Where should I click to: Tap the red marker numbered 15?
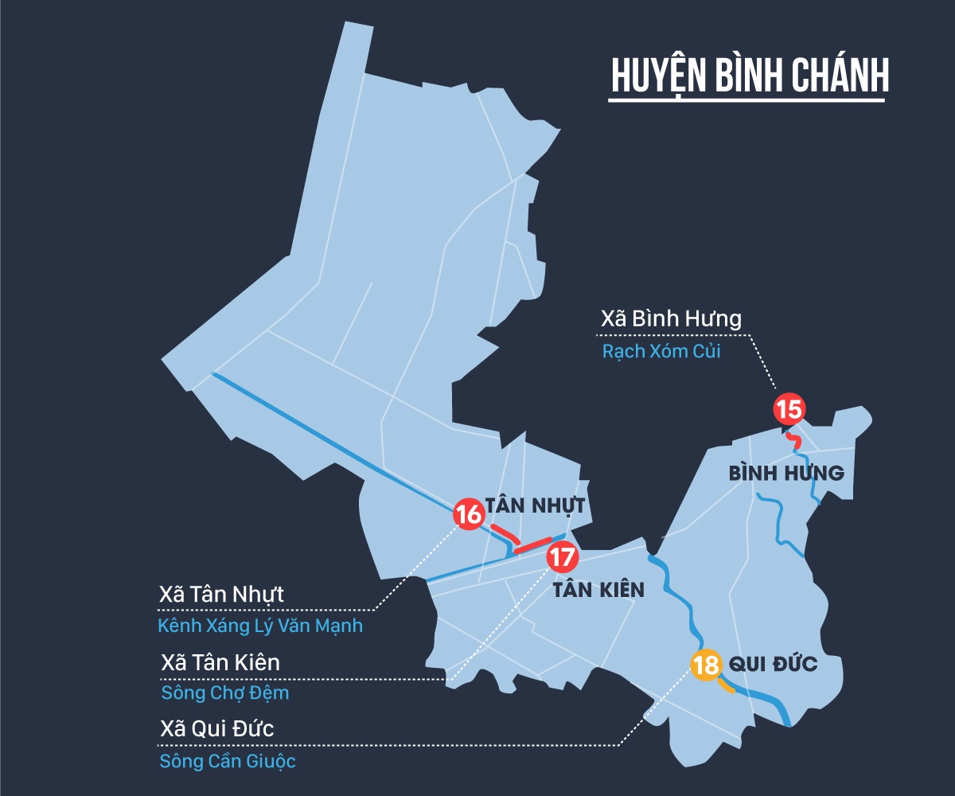click(x=789, y=410)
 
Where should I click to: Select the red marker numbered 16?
click(x=470, y=514)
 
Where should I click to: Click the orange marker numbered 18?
click(x=706, y=665)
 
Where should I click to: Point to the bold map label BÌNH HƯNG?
click(x=786, y=474)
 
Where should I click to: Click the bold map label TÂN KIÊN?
click(x=598, y=591)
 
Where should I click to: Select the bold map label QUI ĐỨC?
click(x=773, y=664)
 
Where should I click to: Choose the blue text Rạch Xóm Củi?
click(x=661, y=351)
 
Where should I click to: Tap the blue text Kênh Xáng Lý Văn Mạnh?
click(x=260, y=626)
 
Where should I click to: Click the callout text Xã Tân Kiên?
click(x=220, y=662)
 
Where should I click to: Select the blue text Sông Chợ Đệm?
click(x=225, y=693)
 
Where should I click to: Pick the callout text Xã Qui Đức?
click(x=217, y=730)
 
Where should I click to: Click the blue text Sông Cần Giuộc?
click(x=228, y=762)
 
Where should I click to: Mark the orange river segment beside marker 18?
click(x=727, y=686)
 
